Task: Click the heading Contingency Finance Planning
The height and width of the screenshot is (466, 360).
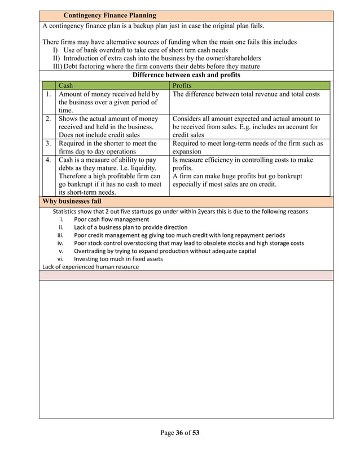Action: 109,15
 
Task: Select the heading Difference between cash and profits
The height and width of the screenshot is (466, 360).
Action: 186,75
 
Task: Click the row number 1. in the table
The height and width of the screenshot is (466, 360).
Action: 49,94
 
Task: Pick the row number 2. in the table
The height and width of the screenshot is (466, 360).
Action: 49,118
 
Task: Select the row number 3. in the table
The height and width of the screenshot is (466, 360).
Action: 49,143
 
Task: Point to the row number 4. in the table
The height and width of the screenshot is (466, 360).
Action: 49,160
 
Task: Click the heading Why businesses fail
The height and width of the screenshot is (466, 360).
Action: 72,201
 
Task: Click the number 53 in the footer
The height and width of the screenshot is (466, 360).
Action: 195,433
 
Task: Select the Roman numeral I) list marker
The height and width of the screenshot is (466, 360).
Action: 56,50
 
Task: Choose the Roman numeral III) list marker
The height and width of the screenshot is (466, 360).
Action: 58,67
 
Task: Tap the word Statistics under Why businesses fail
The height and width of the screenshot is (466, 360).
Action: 67,212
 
